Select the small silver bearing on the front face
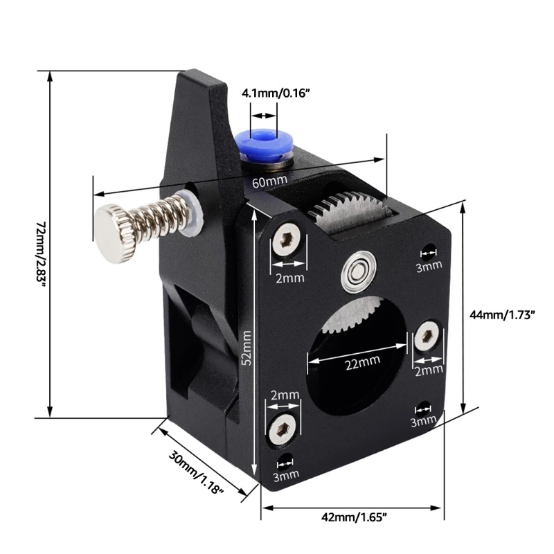tap(358, 271)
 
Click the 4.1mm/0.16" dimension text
tap(276, 93)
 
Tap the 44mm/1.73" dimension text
tap(503, 315)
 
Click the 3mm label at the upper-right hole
tap(429, 265)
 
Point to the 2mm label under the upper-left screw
tap(289, 278)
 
